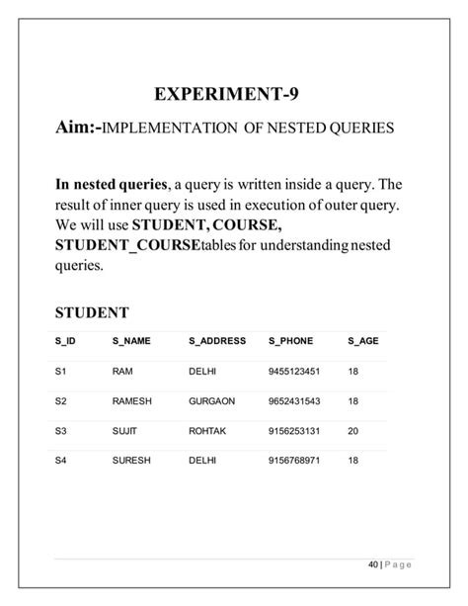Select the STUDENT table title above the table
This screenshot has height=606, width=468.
(92, 312)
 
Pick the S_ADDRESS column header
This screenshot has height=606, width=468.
(216, 341)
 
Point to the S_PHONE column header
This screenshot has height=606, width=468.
(290, 341)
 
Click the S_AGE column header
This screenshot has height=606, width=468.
(363, 341)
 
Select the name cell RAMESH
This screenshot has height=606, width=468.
(131, 402)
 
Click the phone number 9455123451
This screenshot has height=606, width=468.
(293, 372)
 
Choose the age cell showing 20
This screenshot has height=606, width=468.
(353, 433)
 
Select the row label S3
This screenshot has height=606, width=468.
(60, 433)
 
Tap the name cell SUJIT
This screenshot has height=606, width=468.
(125, 433)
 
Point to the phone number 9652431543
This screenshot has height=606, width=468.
(293, 402)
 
